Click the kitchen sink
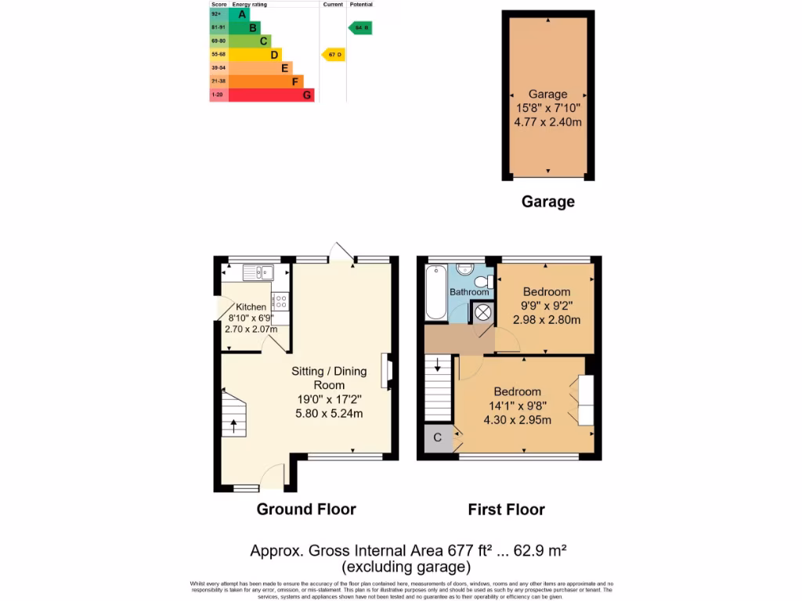click(x=257, y=272)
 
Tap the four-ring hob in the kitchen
click(x=280, y=301)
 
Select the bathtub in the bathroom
click(x=434, y=293)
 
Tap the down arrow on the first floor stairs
click(x=437, y=365)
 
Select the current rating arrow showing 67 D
click(x=333, y=54)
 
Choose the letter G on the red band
click(x=307, y=95)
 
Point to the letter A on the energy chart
click(x=243, y=14)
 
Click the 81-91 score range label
click(x=218, y=27)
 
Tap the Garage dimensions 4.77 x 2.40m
click(x=548, y=122)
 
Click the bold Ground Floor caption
click(x=306, y=509)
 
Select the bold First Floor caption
click(x=506, y=509)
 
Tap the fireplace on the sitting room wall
click(x=386, y=371)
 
